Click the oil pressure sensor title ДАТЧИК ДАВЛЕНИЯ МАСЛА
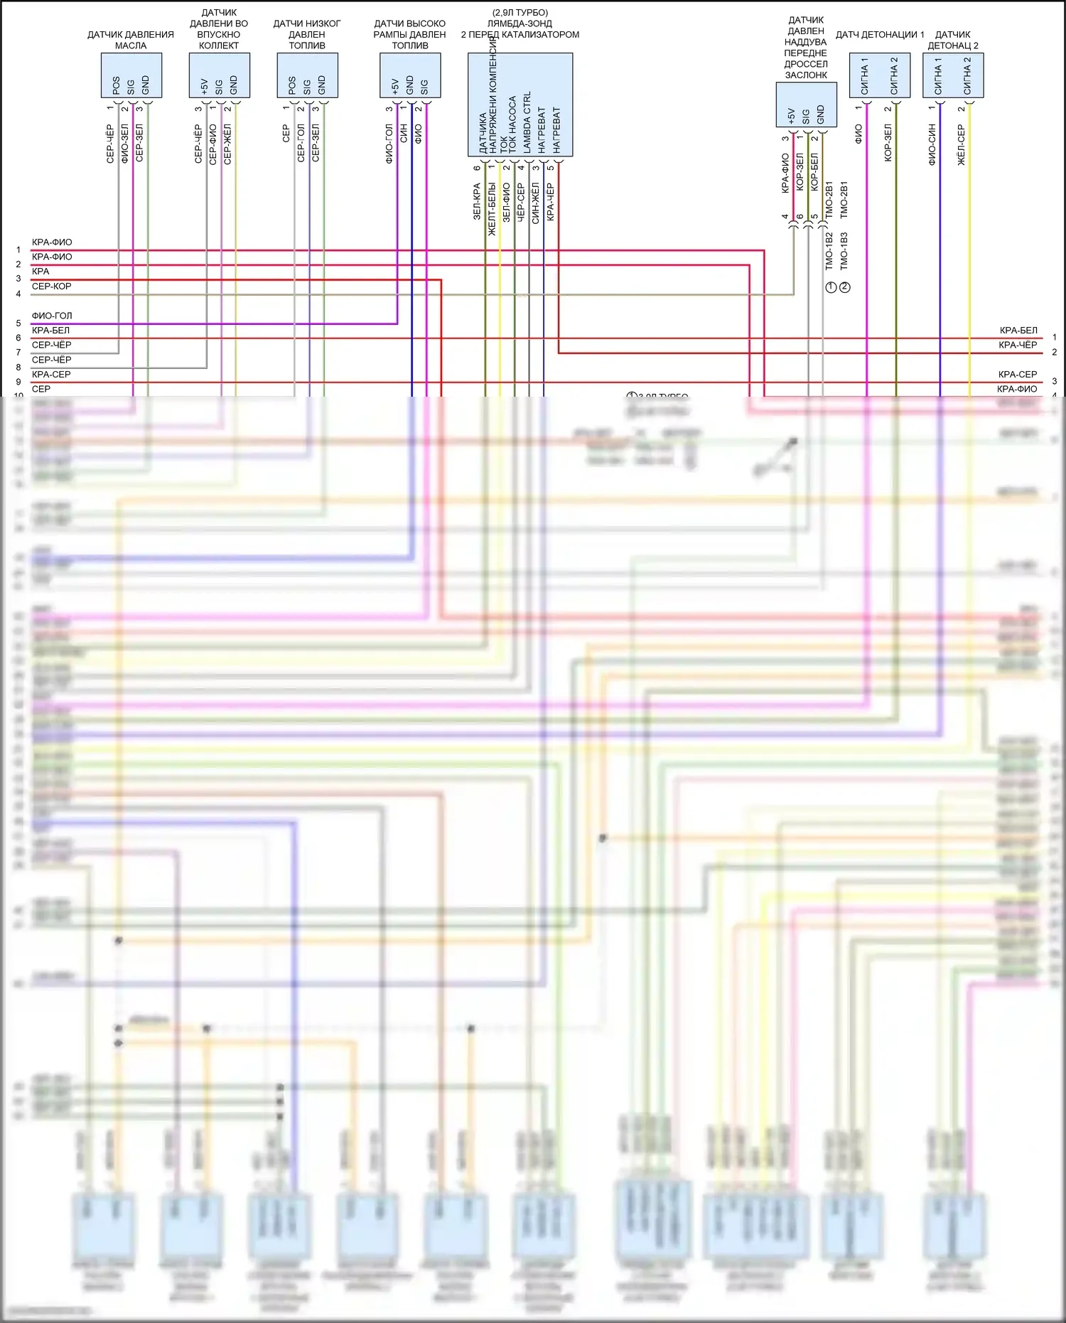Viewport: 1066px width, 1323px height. (x=131, y=40)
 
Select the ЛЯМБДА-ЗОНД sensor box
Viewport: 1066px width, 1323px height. (x=520, y=105)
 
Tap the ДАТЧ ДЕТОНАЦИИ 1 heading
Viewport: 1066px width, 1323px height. (x=880, y=34)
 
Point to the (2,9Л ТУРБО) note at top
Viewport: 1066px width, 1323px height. (x=520, y=13)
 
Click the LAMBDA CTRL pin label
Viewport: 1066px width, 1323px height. (x=527, y=122)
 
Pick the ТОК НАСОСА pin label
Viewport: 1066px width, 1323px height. (x=512, y=125)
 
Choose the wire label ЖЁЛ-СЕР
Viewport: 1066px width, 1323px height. (x=962, y=145)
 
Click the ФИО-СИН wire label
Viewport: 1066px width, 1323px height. (x=932, y=145)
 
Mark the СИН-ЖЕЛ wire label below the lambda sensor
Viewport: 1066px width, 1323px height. (x=535, y=203)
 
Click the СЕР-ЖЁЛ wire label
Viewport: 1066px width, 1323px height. (x=227, y=144)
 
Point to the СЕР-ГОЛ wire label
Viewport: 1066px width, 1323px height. (x=301, y=144)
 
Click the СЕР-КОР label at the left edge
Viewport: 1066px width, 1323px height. (x=52, y=286)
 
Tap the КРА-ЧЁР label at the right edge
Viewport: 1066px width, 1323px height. (x=1018, y=345)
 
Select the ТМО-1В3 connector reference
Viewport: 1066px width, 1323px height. (x=844, y=250)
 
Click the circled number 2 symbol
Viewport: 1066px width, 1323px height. (x=845, y=287)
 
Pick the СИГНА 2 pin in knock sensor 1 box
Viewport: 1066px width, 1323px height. (x=894, y=76)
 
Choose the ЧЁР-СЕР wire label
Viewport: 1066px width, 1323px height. (x=520, y=203)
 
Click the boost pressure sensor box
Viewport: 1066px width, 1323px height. (x=806, y=105)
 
